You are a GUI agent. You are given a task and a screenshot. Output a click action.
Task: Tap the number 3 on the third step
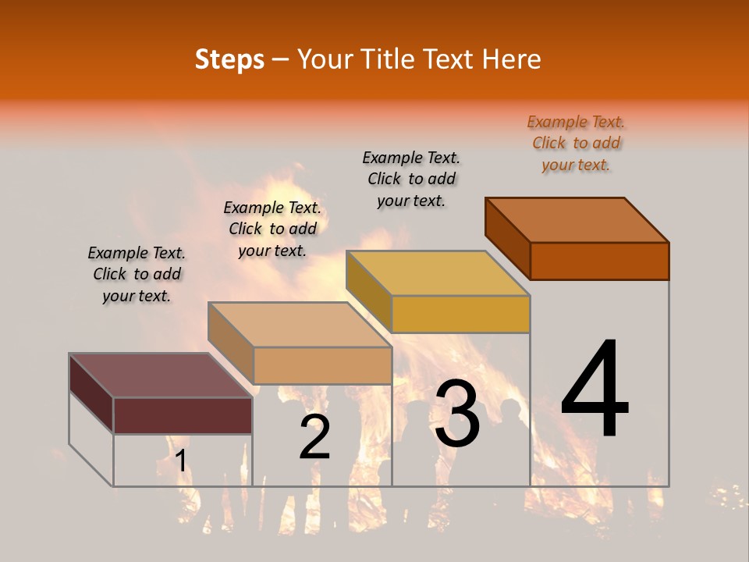(457, 414)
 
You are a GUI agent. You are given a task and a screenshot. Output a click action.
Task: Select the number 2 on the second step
(314, 437)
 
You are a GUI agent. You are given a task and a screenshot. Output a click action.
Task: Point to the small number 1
(180, 461)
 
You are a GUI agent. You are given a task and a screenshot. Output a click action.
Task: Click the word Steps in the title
(229, 59)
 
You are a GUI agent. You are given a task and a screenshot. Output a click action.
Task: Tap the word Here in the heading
(511, 59)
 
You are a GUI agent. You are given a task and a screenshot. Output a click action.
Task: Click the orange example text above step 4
(576, 143)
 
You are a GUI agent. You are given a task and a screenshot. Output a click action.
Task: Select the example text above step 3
(411, 179)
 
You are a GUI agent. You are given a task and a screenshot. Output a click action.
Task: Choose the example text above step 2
(272, 229)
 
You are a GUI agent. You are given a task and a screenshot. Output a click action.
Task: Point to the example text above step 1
(137, 274)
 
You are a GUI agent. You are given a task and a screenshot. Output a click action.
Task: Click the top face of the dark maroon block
(161, 375)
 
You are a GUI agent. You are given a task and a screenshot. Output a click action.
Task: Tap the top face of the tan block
(300, 325)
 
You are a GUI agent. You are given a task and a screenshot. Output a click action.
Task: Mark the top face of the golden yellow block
(438, 273)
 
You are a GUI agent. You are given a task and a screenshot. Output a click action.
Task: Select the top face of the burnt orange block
(577, 220)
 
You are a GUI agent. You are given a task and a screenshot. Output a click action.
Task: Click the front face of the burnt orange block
(599, 261)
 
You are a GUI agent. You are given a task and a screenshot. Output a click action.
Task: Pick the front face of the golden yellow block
(460, 314)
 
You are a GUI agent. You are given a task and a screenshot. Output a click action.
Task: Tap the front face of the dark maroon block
(183, 415)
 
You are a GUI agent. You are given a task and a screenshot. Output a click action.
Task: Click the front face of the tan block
(322, 365)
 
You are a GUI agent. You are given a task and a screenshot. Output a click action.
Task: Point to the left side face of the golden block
(368, 292)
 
